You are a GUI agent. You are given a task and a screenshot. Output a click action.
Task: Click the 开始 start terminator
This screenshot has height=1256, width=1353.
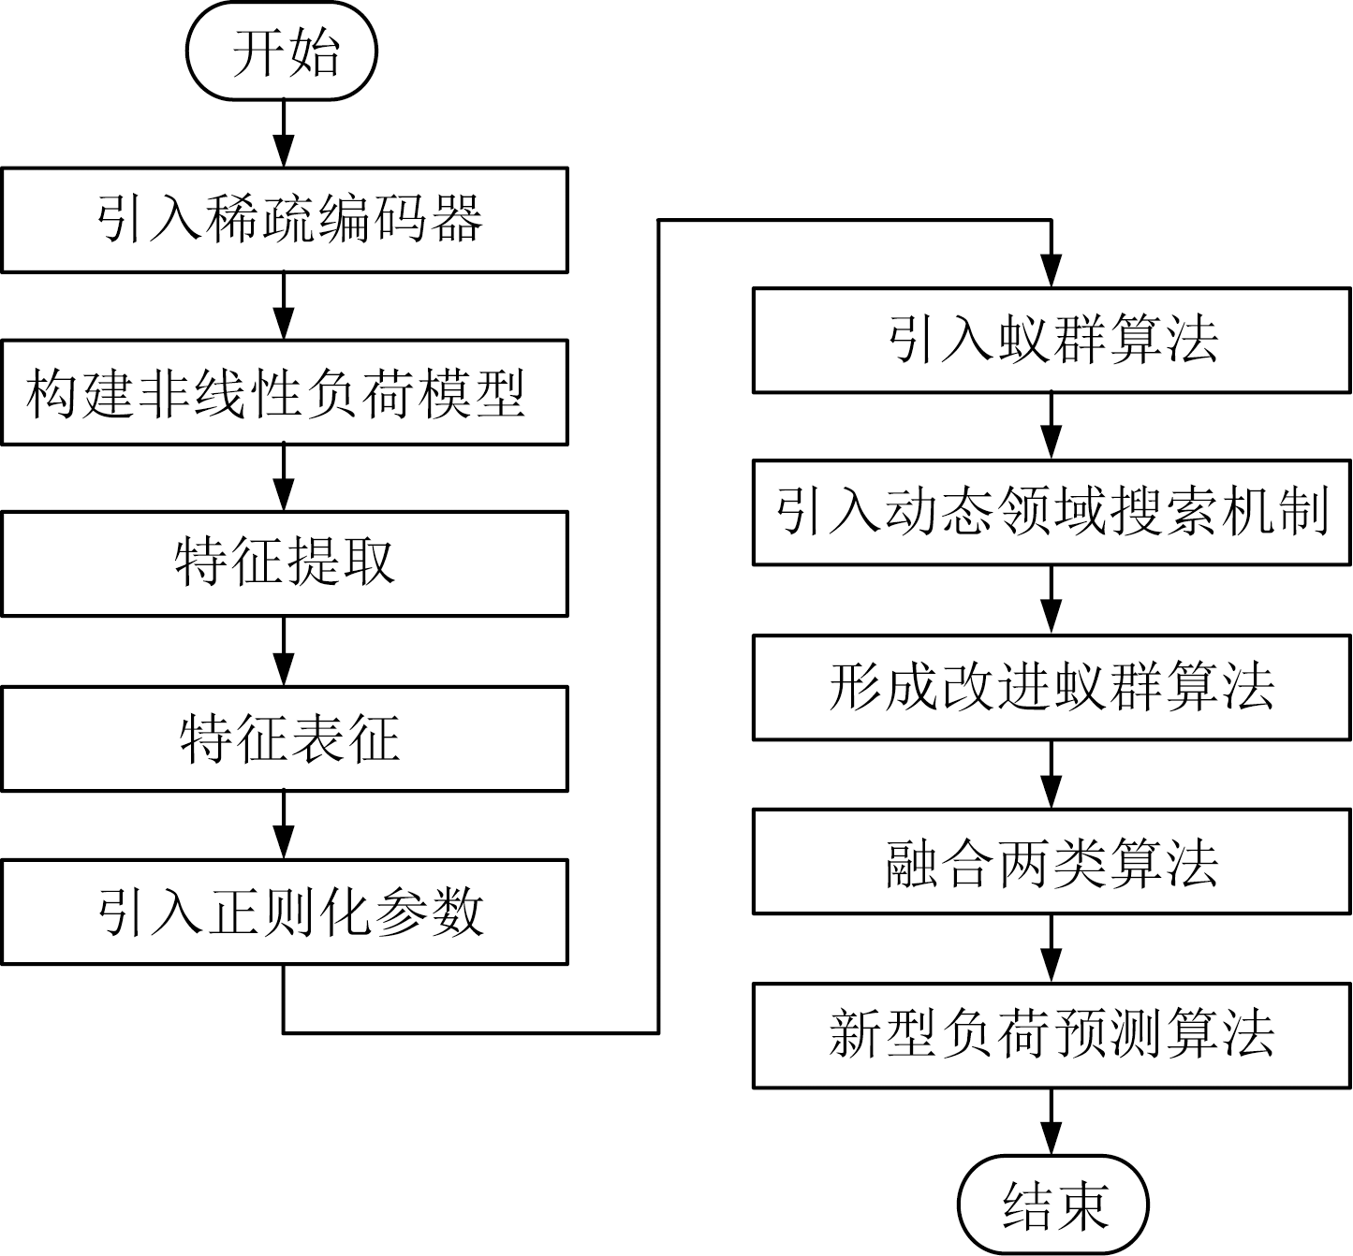point(282,52)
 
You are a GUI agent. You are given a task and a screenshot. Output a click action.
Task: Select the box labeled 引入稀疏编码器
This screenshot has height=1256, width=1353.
point(285,220)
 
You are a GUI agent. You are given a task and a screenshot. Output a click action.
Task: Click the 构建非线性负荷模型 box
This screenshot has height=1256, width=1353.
point(285,392)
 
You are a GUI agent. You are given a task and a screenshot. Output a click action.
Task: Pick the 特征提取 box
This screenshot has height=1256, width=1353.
point(285,563)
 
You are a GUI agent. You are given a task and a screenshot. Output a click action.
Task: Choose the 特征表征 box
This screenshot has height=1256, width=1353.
point(285,738)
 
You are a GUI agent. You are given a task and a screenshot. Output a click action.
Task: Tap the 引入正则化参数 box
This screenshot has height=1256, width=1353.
point(285,913)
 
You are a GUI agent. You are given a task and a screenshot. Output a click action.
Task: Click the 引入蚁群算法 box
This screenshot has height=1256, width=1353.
point(1052,341)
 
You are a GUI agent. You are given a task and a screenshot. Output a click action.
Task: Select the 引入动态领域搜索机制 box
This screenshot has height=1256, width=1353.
point(1052,512)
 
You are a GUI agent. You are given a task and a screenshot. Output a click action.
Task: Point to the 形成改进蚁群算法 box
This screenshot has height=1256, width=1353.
point(1052,688)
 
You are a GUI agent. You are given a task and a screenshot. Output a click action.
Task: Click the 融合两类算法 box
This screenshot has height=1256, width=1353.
point(1052,862)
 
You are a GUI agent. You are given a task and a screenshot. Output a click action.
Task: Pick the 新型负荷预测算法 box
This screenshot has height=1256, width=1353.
point(1052,1035)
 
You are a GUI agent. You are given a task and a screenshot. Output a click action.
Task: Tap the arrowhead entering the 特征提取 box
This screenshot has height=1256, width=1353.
point(283,496)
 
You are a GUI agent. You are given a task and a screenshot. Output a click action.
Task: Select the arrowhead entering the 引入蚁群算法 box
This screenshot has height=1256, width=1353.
point(1052,273)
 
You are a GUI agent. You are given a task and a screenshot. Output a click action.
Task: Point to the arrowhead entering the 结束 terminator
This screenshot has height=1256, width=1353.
point(1052,1141)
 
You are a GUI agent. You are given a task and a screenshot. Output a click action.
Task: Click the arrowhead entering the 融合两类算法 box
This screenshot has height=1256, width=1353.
point(1052,795)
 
